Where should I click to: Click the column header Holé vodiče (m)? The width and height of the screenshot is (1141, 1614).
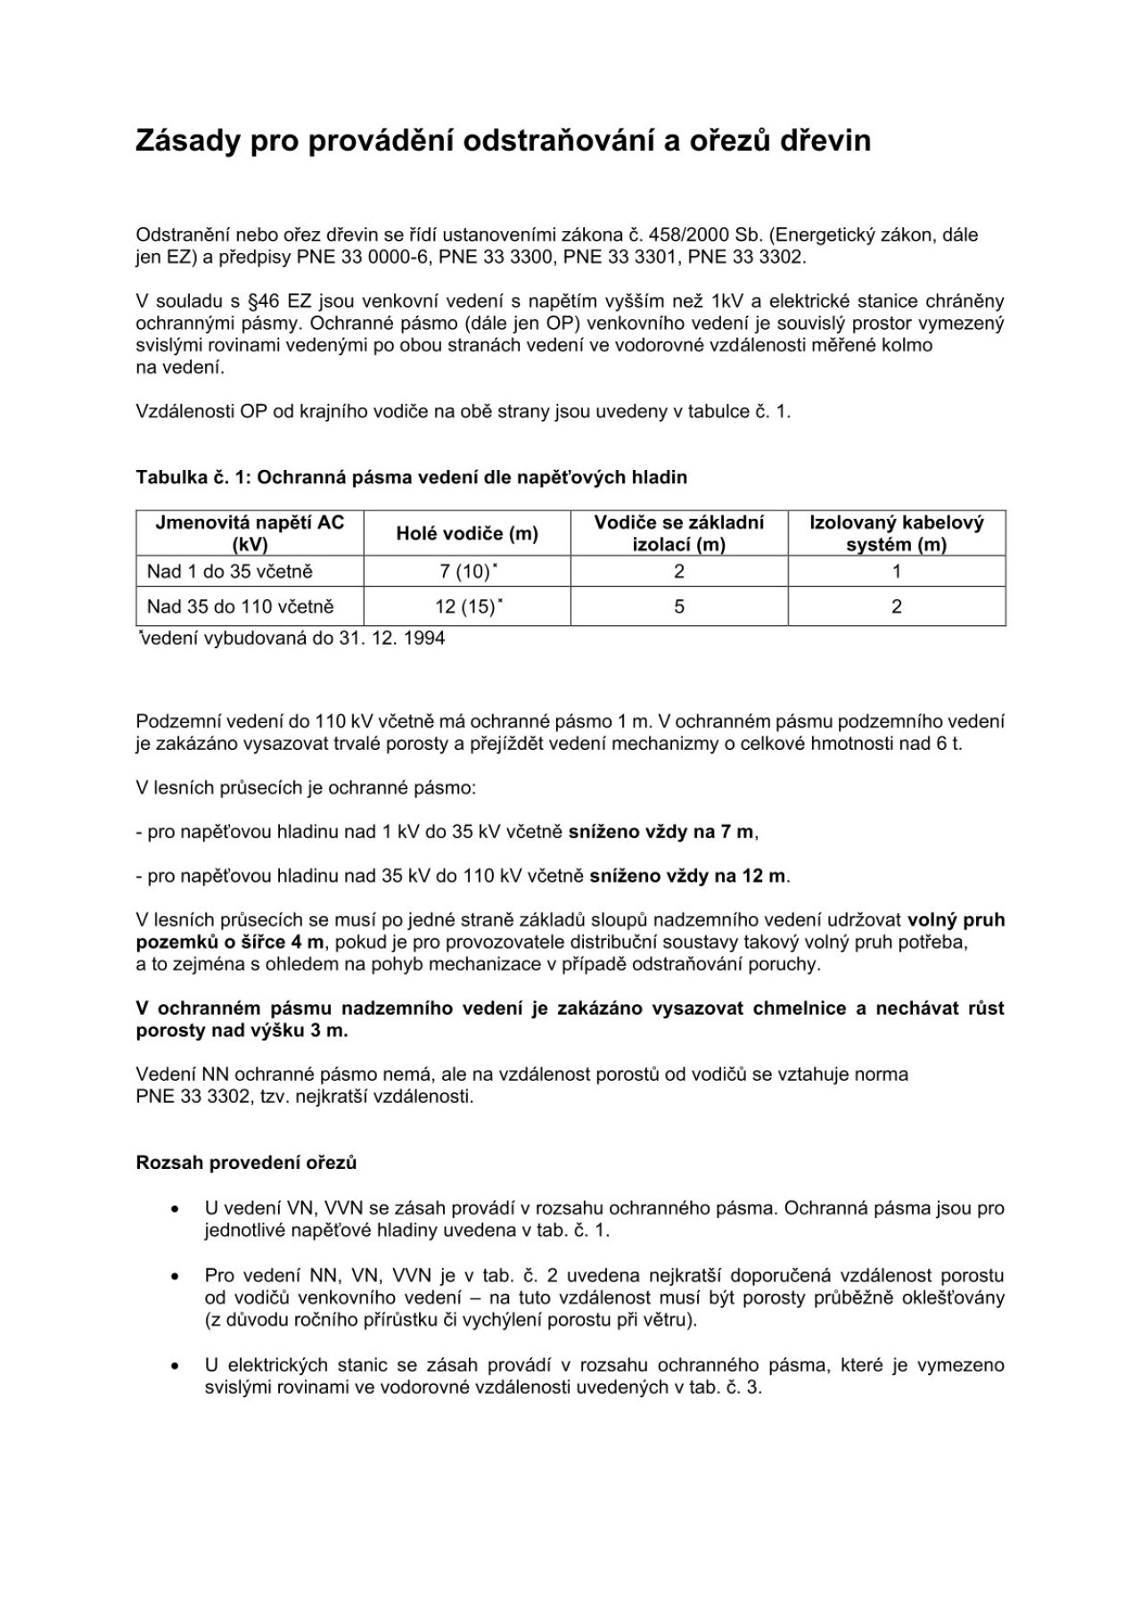[467, 533]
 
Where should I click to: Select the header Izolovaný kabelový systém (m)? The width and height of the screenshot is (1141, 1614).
[896, 533]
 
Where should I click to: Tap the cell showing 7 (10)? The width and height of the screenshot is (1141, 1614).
[467, 572]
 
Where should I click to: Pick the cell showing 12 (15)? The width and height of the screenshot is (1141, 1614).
[467, 607]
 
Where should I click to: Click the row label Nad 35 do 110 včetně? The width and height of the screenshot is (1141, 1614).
[241, 607]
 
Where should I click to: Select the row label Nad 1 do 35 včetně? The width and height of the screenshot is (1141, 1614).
[230, 572]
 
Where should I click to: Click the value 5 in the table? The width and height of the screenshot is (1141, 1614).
[679, 607]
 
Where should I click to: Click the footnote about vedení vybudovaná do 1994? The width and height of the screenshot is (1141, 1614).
[291, 638]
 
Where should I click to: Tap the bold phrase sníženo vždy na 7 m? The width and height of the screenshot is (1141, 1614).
[662, 832]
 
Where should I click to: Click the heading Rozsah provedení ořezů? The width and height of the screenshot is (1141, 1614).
[246, 1163]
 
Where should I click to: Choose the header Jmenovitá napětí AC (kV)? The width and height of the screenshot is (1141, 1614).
[250, 533]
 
